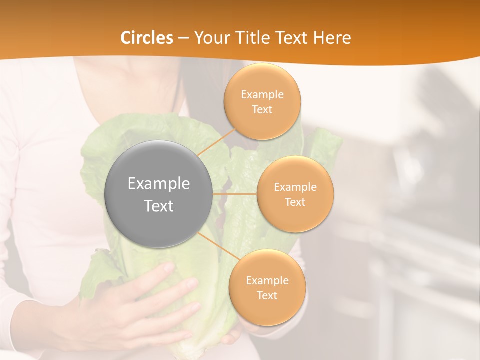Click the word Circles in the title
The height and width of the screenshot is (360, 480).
tap(147, 38)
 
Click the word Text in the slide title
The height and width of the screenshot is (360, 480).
tap(294, 38)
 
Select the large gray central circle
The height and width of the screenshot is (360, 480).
tap(159, 194)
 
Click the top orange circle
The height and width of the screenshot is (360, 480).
tap(262, 101)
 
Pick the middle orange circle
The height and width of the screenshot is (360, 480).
tap(295, 194)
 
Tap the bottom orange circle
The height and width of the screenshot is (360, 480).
tap(267, 287)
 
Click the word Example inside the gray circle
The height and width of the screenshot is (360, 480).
tap(159, 184)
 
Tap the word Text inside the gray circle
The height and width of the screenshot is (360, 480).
tap(159, 206)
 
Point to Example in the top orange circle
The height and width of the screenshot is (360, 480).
tap(262, 95)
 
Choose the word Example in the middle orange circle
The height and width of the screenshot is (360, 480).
tap(295, 187)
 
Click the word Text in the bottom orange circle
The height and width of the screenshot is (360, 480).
tap(267, 295)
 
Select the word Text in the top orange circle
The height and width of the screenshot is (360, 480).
tap(262, 109)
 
